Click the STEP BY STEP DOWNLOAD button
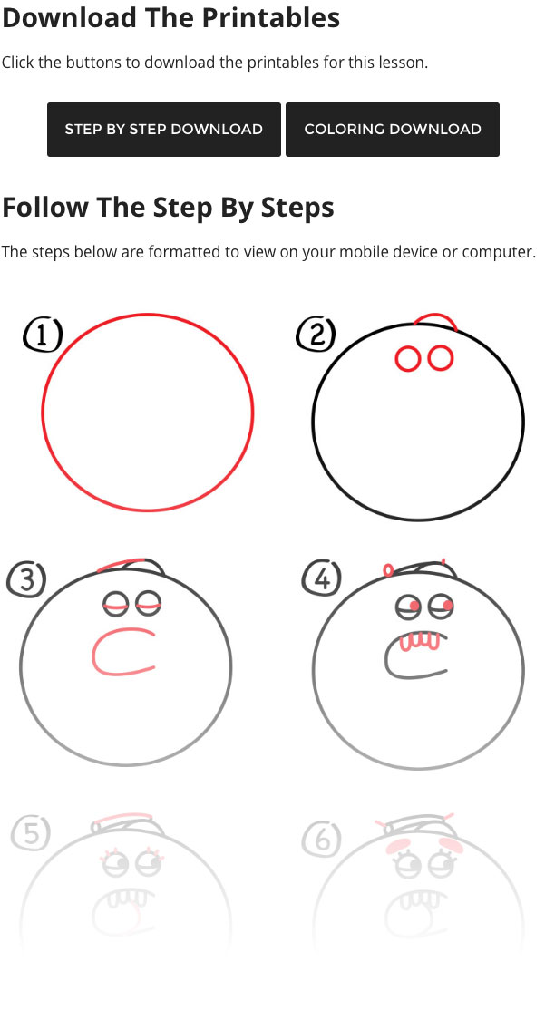[x=164, y=130]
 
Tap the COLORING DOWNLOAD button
[x=392, y=130]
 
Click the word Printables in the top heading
[x=270, y=17]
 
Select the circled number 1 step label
[x=43, y=335]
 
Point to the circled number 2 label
[x=316, y=335]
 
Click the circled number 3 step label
[x=26, y=580]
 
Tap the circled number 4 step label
[x=322, y=578]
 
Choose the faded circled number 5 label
[x=31, y=834]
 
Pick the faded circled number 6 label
[x=322, y=840]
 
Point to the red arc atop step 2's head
[x=435, y=315]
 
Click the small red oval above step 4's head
[x=388, y=570]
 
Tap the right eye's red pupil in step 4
[x=447, y=605]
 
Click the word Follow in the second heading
[x=45, y=208]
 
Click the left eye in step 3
[x=116, y=605]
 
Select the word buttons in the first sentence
[x=102, y=63]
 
